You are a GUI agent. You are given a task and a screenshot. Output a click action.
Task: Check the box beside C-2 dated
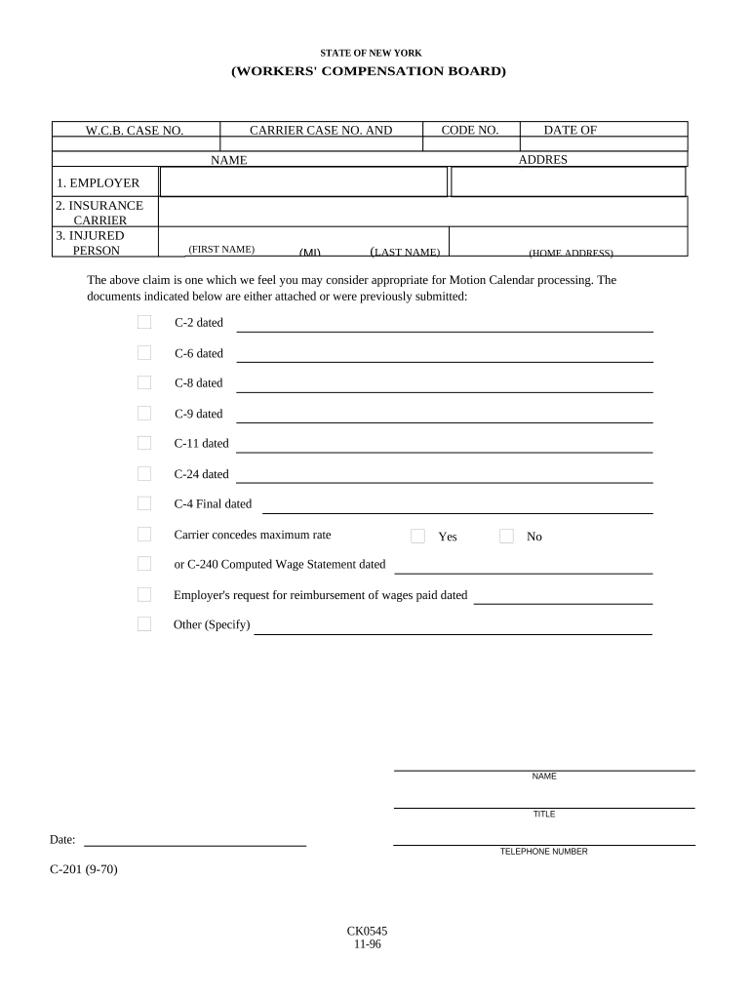point(144,322)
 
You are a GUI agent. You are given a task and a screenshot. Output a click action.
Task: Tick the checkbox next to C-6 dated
point(144,352)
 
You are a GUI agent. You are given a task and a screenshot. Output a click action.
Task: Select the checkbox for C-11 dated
point(144,443)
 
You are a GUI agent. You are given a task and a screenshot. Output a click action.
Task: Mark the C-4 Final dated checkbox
point(144,503)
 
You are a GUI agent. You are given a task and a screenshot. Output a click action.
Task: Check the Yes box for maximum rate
point(417,536)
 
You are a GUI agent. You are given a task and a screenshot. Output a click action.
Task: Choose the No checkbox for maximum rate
point(506,536)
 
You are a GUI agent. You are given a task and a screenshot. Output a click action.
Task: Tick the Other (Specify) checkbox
point(144,624)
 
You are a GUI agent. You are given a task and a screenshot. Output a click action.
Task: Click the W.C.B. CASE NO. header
point(135,130)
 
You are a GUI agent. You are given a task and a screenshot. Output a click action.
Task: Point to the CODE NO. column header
point(469,130)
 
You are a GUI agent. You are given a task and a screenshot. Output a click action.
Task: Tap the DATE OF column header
point(571,130)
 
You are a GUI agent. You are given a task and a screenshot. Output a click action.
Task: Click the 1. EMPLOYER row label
point(98,182)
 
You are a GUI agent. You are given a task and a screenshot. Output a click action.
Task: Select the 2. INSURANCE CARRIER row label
point(99,213)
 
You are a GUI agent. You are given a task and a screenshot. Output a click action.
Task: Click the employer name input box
point(302,182)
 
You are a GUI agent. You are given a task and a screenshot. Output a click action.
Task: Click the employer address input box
point(569,182)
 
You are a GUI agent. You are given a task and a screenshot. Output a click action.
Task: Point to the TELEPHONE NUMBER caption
point(543,852)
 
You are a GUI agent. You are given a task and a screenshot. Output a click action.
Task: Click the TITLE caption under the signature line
point(543,814)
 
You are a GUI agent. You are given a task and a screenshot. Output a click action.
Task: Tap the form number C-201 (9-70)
point(84,869)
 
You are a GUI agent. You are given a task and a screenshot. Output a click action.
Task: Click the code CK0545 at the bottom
point(367,932)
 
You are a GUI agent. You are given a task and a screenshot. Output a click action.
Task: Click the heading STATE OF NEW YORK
point(371,53)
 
